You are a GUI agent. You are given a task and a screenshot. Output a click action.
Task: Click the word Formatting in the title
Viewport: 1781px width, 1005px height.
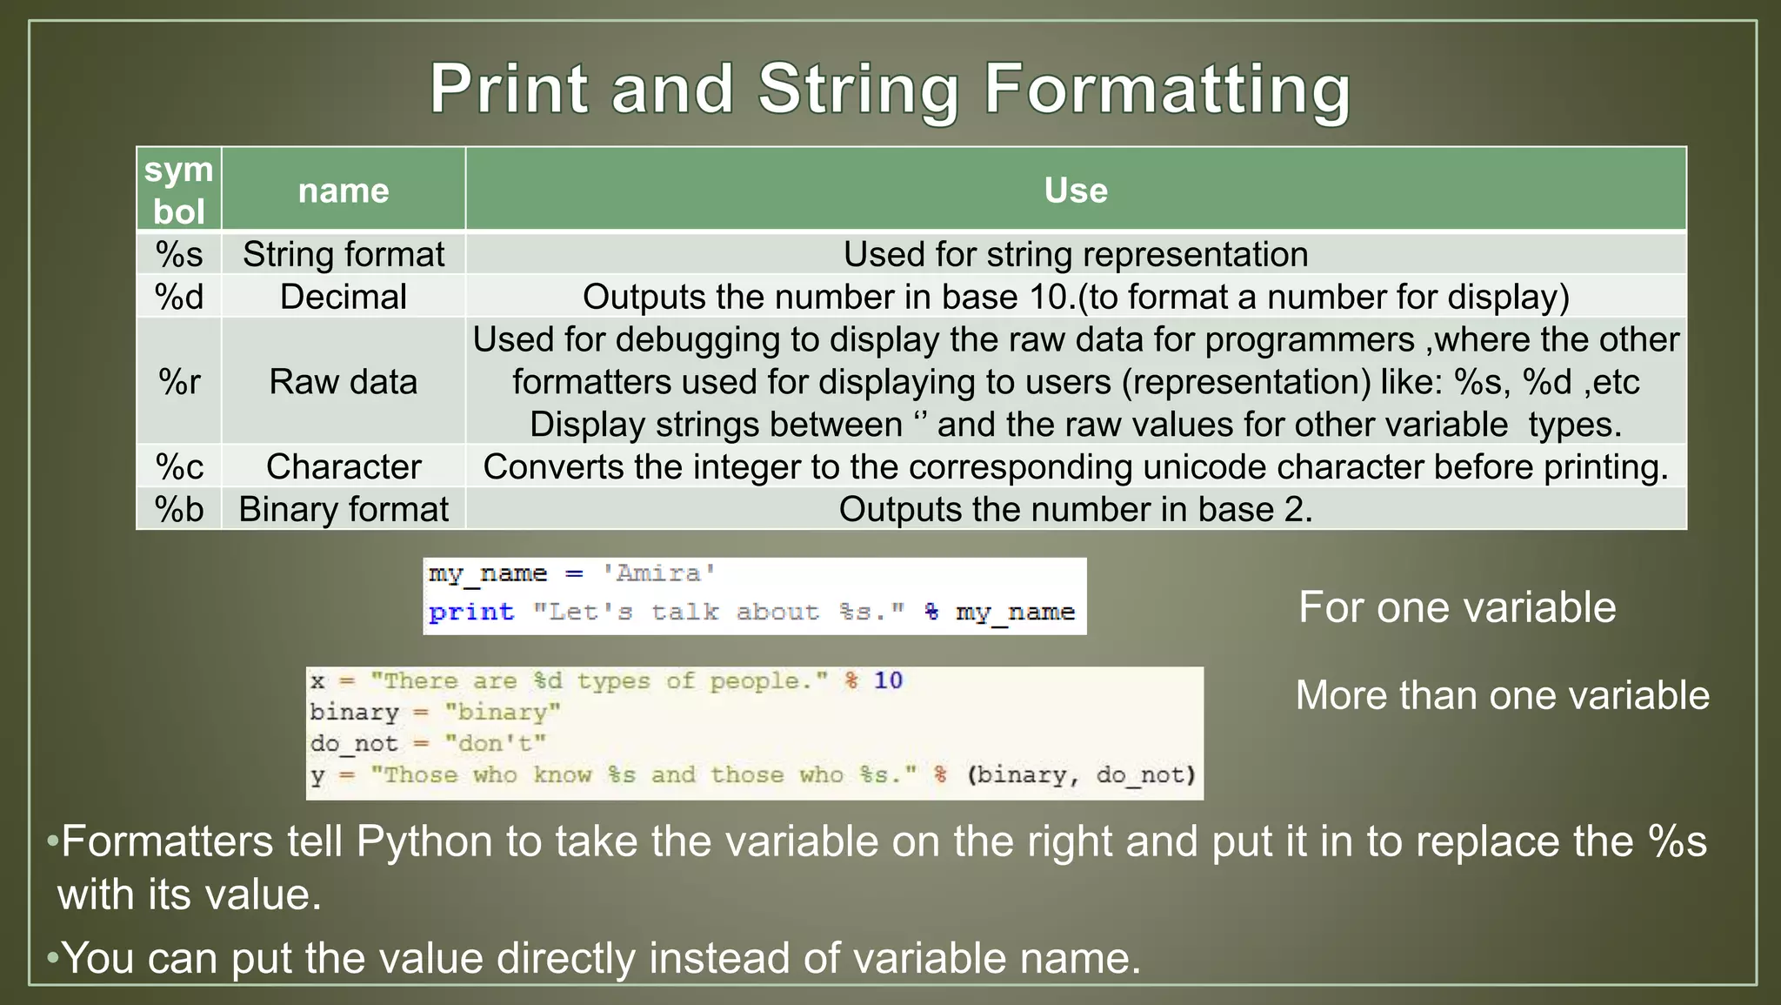1167,90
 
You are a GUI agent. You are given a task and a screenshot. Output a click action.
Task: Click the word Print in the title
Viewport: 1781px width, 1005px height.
509,90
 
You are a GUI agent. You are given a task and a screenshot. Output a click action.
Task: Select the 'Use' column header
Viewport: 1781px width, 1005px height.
1076,190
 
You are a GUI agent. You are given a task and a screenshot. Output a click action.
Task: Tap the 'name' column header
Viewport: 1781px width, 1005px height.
344,190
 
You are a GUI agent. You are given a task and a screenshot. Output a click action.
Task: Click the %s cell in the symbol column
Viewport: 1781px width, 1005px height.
179,254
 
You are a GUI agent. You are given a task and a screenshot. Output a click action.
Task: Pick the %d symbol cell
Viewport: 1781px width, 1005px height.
179,297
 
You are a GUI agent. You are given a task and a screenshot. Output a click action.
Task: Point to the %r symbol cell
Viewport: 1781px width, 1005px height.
179,381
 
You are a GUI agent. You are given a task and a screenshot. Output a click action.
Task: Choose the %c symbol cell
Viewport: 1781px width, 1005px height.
179,466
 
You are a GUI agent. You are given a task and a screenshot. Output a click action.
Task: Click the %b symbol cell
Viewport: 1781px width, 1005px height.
179,509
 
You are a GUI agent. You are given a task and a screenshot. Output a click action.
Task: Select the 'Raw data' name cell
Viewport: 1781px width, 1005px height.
344,381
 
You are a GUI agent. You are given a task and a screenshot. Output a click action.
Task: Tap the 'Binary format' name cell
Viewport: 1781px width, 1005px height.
344,509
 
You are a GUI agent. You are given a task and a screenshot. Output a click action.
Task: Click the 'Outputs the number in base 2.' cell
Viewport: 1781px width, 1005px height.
1076,509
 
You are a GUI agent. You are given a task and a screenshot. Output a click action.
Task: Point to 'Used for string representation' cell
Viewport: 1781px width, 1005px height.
1076,254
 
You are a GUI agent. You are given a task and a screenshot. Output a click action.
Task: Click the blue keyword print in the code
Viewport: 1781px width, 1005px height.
470,612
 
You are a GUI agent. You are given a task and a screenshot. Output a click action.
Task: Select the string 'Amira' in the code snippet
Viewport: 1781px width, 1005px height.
659,573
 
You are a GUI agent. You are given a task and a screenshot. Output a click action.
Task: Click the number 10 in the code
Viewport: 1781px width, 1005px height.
888,680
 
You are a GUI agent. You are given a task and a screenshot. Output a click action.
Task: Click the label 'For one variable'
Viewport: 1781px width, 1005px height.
1457,606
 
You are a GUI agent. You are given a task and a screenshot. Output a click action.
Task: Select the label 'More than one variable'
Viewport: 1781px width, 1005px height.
1502,695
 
